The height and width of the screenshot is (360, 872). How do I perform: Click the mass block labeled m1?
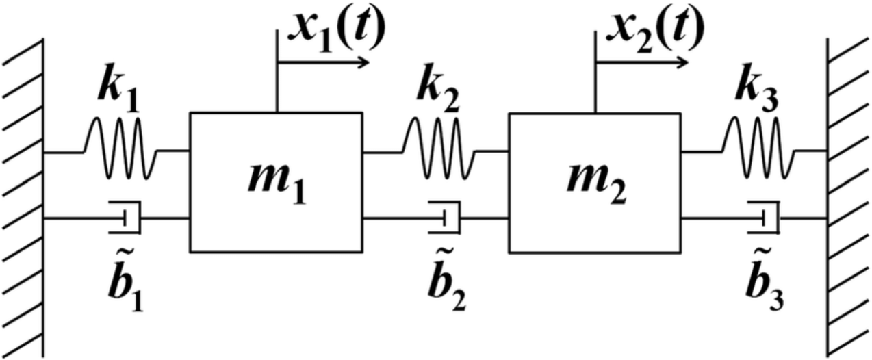[x=275, y=182]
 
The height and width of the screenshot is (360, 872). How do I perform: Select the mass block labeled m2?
[x=594, y=182]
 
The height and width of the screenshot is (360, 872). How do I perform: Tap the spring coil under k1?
[x=120, y=149]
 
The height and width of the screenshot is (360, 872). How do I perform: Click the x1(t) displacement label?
[x=335, y=31]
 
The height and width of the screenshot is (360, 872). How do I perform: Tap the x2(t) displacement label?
[x=654, y=31]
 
